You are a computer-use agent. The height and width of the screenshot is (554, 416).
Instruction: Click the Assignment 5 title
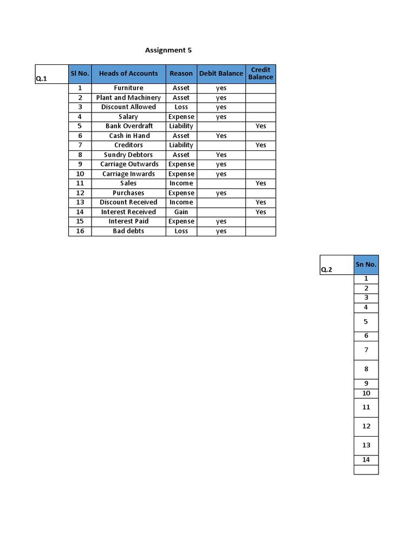coord(168,50)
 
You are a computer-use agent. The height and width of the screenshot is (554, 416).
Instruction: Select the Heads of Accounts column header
coord(128,74)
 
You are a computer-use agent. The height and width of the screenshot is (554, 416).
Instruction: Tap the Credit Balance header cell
coord(261,74)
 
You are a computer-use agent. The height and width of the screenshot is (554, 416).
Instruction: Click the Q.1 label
coord(41,78)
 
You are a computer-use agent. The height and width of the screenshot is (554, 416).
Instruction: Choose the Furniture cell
coord(128,88)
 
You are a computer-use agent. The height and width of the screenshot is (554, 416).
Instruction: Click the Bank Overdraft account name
coord(129,126)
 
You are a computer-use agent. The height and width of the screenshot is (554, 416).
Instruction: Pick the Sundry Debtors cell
coord(128,155)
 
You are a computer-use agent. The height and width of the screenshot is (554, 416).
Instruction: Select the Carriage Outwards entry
coord(129,164)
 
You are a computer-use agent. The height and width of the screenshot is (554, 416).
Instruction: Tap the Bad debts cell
coord(128,231)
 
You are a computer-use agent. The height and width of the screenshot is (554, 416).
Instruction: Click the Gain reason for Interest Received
coord(181,212)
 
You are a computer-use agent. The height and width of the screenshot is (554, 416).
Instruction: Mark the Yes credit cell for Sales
coord(261,183)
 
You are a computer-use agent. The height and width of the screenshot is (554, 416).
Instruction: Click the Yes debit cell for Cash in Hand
coord(221,136)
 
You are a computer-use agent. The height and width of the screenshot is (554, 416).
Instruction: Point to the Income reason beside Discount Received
coord(181,202)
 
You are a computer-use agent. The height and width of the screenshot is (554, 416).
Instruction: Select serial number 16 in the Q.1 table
coord(80,231)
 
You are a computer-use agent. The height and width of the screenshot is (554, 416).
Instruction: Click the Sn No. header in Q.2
coord(366,265)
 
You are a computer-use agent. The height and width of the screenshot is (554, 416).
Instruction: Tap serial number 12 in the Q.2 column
coord(366,426)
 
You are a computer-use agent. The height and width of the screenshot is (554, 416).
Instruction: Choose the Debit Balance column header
coord(221,74)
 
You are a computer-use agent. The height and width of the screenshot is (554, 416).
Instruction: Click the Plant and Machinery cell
coord(128,97)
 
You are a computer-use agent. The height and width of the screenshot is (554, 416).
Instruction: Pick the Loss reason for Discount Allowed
coord(181,107)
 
